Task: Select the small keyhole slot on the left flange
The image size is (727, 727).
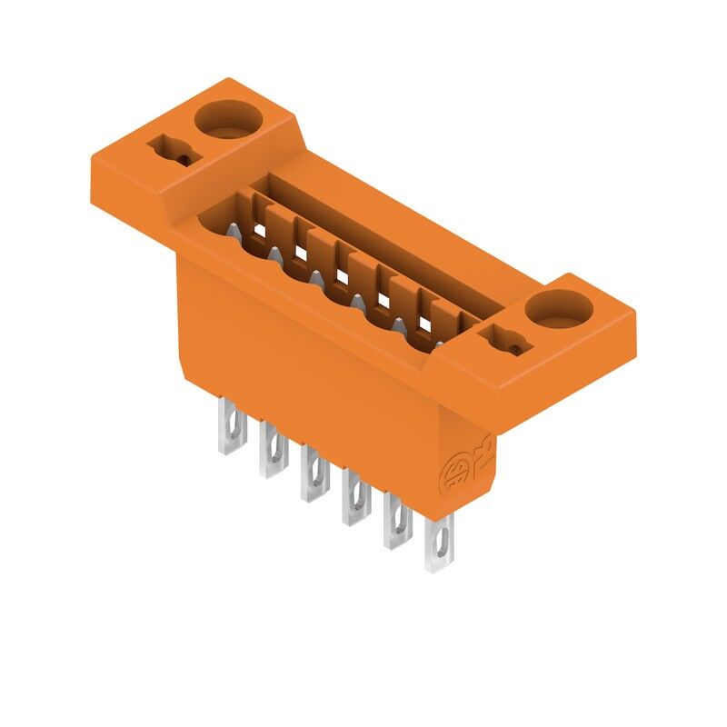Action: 171,151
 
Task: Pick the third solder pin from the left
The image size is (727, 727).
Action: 314,472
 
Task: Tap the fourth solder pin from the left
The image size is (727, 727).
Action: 354,496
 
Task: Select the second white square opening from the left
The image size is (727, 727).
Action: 301,253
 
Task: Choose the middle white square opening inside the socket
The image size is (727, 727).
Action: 343,274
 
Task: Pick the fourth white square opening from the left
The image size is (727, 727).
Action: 383,299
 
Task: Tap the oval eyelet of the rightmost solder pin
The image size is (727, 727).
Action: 441,548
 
